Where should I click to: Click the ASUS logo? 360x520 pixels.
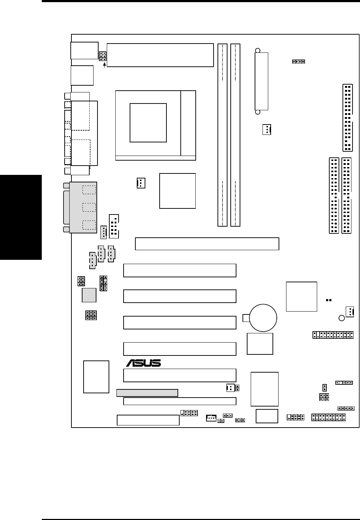144,363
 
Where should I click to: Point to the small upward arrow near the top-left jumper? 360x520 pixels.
104,65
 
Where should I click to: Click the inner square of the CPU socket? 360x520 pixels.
148,123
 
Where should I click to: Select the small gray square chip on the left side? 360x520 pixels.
89,295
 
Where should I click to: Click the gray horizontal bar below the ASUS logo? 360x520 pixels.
147,393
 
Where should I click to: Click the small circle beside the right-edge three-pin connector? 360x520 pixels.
341,318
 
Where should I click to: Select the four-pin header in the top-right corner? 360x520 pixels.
299,61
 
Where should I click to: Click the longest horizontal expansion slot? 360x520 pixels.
207,244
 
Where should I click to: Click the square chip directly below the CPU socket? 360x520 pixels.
177,191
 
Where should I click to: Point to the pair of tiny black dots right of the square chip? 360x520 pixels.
329,300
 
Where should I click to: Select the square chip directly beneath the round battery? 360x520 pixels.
260,344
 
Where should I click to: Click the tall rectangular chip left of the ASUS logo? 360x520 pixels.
96,377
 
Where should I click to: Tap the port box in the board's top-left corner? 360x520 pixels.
84,50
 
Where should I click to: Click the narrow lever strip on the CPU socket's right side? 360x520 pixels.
188,123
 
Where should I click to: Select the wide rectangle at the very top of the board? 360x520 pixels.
160,55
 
